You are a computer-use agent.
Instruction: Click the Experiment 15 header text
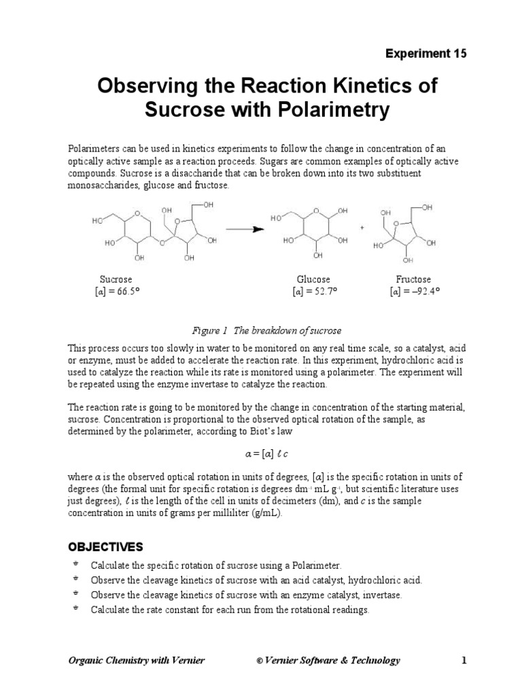click(x=426, y=54)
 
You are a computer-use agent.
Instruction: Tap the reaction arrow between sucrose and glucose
click(x=244, y=228)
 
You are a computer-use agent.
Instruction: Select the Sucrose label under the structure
click(x=116, y=279)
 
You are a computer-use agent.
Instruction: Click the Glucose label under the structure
click(x=313, y=279)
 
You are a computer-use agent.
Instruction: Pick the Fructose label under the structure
click(x=413, y=279)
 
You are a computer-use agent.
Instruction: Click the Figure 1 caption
click(x=266, y=331)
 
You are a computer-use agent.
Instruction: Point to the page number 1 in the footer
click(x=464, y=660)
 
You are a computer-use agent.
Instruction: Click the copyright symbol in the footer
click(x=259, y=661)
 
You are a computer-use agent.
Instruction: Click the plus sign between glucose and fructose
click(x=362, y=228)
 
